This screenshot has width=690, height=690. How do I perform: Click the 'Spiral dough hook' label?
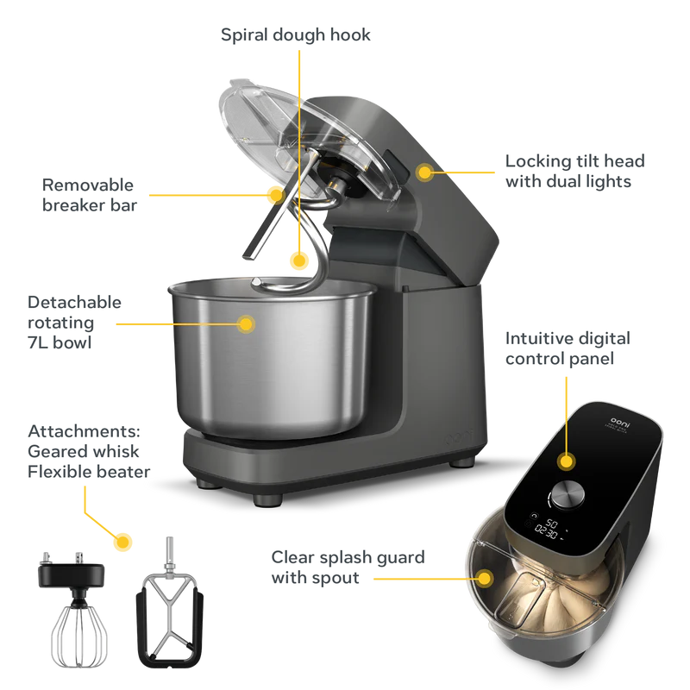tap(295, 35)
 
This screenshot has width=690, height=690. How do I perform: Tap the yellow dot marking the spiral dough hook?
tap(299, 261)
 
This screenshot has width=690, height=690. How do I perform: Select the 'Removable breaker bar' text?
tap(90, 196)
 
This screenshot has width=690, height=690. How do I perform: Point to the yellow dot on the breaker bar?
tap(276, 195)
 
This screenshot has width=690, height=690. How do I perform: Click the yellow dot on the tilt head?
tap(424, 172)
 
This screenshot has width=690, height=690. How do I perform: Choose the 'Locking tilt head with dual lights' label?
tap(574, 171)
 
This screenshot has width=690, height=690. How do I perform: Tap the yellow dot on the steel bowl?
tap(246, 324)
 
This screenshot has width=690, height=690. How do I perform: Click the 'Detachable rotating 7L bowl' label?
tap(74, 323)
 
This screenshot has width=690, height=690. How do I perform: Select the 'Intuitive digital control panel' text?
tap(568, 348)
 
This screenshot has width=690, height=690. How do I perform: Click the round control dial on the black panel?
tap(568, 493)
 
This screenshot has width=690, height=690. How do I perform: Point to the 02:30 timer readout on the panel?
tap(546, 532)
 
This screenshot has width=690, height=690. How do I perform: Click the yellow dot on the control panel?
tap(567, 461)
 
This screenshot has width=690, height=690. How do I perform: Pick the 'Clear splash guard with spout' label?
tap(348, 568)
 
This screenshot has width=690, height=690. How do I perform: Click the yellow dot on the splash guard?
tap(485, 578)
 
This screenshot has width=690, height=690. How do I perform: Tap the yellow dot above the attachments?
tap(122, 542)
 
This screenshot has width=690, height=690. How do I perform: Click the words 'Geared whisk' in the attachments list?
tap(83, 451)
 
